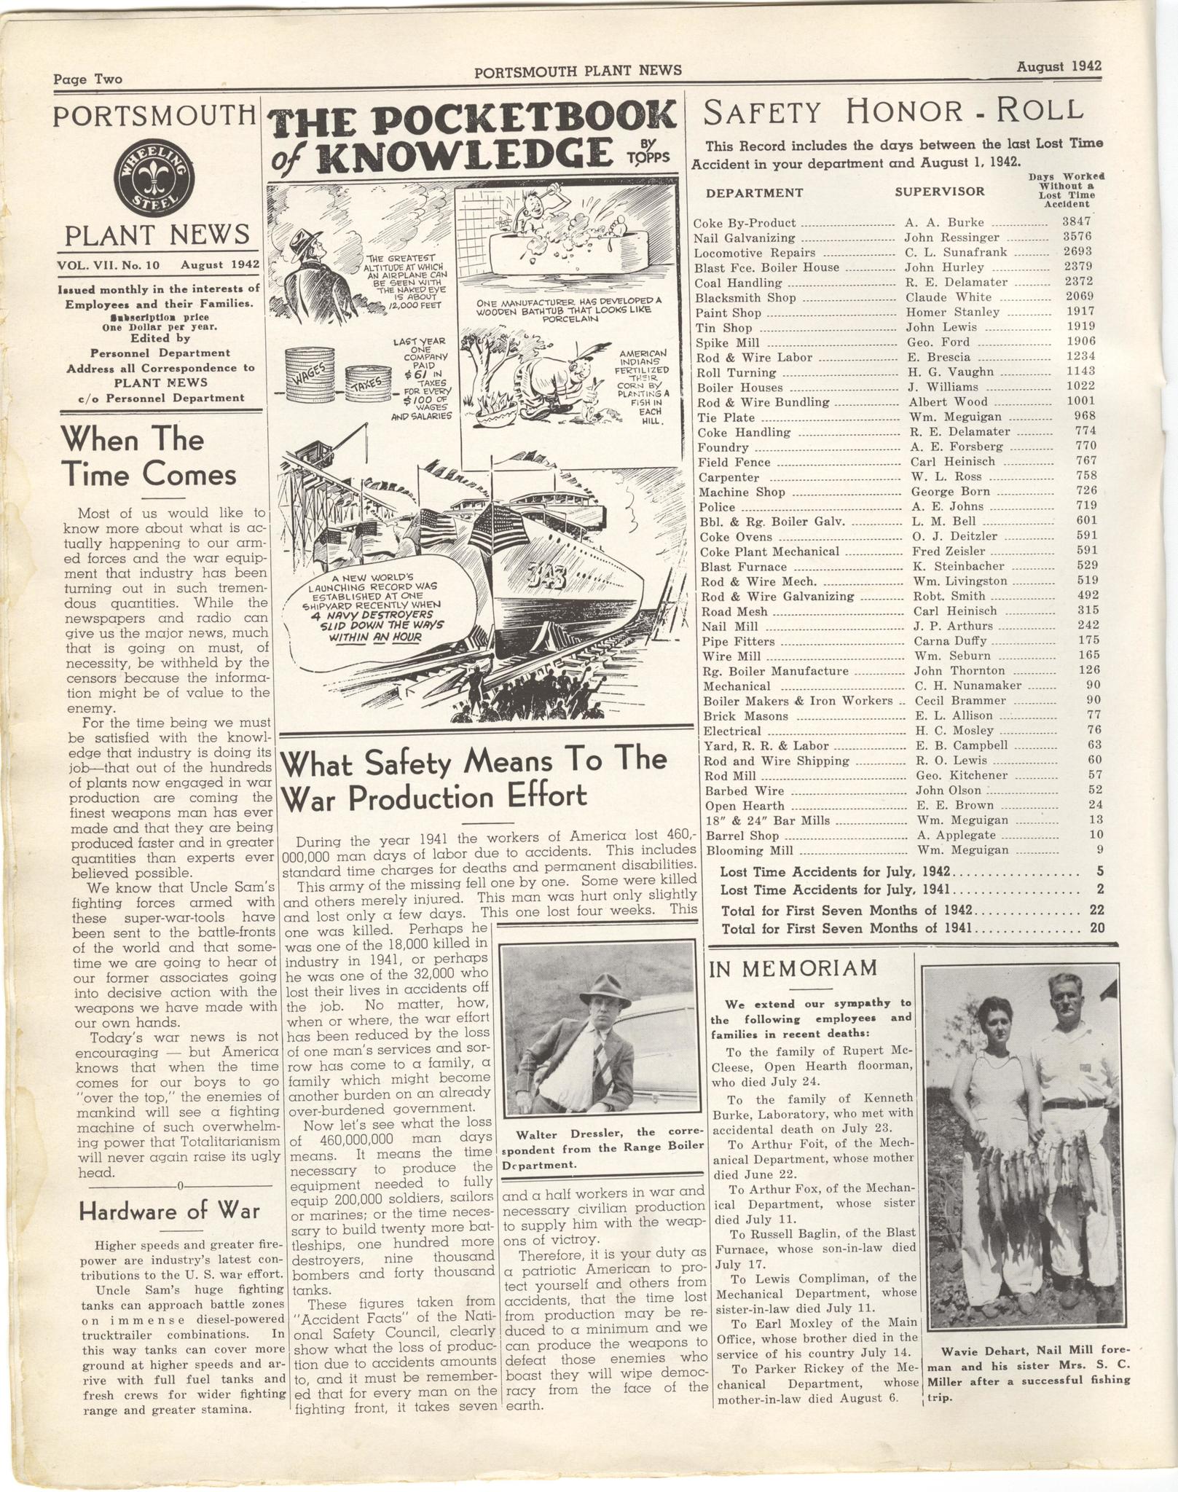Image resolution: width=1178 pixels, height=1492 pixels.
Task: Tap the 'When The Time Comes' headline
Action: [149, 457]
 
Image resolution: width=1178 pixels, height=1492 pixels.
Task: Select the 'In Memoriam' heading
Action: [793, 968]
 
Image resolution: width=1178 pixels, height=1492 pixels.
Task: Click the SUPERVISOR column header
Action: [939, 192]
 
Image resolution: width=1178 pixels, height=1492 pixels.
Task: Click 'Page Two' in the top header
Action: [88, 80]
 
